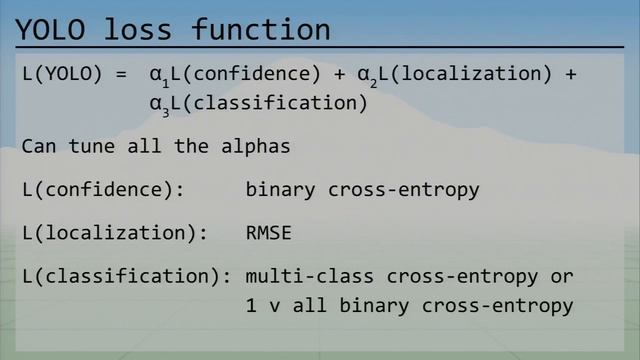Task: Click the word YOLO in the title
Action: click(x=51, y=29)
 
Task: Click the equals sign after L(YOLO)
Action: click(x=121, y=74)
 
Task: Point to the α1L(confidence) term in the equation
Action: click(x=235, y=75)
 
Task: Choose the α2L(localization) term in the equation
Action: click(x=454, y=75)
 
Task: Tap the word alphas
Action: click(x=256, y=147)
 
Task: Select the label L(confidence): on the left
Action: click(x=103, y=190)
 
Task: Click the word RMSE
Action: click(x=268, y=233)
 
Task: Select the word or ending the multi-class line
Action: click(x=561, y=276)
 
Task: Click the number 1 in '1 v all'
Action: click(x=251, y=306)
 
